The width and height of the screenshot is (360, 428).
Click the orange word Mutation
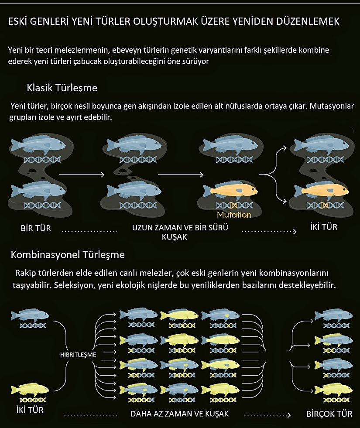click(x=234, y=215)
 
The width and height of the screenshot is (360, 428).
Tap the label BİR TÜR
click(x=36, y=228)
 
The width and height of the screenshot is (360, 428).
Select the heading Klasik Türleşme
click(x=62, y=88)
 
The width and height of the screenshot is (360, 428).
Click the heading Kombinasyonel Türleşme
click(x=68, y=255)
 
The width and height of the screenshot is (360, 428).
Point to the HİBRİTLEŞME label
click(x=78, y=355)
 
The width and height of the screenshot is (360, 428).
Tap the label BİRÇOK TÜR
click(x=329, y=414)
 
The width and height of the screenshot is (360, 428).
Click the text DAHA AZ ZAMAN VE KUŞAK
click(x=180, y=414)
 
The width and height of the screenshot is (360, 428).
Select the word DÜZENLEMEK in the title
click(x=308, y=21)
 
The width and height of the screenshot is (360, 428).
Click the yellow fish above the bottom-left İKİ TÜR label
click(x=30, y=390)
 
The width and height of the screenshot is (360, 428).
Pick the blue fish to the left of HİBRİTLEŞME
click(x=30, y=315)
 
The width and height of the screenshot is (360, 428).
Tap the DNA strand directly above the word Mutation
click(x=234, y=205)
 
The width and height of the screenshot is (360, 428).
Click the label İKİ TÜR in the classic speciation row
click(x=324, y=227)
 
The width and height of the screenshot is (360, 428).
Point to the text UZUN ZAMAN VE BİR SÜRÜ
click(x=180, y=228)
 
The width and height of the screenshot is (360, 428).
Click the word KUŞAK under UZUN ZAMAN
click(x=175, y=237)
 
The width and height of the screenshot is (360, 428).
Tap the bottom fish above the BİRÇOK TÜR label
click(x=333, y=389)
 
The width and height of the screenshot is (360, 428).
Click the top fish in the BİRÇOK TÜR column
click(x=333, y=315)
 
